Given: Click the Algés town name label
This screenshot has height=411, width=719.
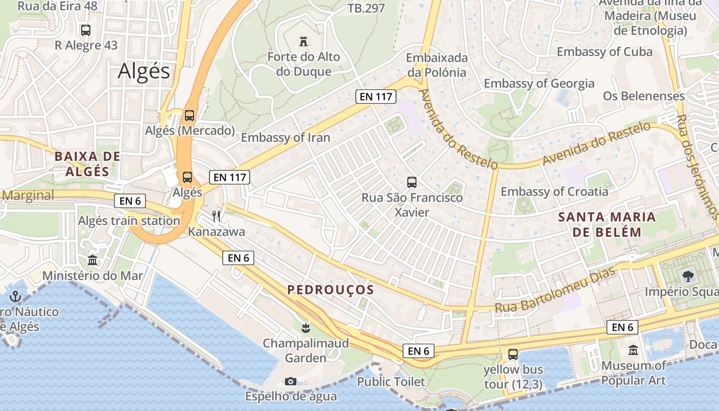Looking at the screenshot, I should (x=143, y=71).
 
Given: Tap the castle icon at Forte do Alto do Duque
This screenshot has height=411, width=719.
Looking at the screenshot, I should (x=304, y=41).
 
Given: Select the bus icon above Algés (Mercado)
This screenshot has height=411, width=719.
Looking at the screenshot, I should (x=190, y=115).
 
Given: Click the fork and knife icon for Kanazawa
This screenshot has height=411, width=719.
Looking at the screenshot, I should (x=216, y=216).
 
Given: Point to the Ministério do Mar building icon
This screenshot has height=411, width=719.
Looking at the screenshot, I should (x=92, y=260).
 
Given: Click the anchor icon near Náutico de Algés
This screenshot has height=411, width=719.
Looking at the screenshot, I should (x=15, y=296).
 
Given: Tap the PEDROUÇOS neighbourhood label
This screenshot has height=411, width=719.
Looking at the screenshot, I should (x=331, y=290).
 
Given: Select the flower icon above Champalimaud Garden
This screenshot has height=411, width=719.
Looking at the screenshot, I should (x=306, y=327).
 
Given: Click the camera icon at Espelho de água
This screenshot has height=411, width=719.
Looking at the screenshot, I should (x=290, y=381).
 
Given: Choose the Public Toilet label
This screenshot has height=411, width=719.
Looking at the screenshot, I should (x=391, y=382).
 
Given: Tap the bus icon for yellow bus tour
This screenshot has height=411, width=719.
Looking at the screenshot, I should (x=513, y=354).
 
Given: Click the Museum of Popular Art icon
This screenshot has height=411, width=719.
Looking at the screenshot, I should (x=633, y=350).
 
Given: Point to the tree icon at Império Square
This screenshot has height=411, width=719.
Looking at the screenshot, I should (x=687, y=276).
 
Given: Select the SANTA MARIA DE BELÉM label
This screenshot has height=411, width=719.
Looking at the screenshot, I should (x=607, y=225).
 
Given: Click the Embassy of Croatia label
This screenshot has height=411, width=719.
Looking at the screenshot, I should (x=554, y=192).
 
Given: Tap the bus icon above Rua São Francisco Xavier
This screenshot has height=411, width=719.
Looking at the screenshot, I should (x=411, y=182).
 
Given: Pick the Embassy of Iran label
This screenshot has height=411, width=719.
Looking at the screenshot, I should (x=286, y=138).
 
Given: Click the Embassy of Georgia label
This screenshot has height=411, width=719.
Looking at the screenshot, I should (x=539, y=83).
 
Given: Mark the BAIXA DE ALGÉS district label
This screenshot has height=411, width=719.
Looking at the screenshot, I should (x=87, y=164).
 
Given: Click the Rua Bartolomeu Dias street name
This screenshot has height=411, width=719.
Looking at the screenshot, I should (x=554, y=291).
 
